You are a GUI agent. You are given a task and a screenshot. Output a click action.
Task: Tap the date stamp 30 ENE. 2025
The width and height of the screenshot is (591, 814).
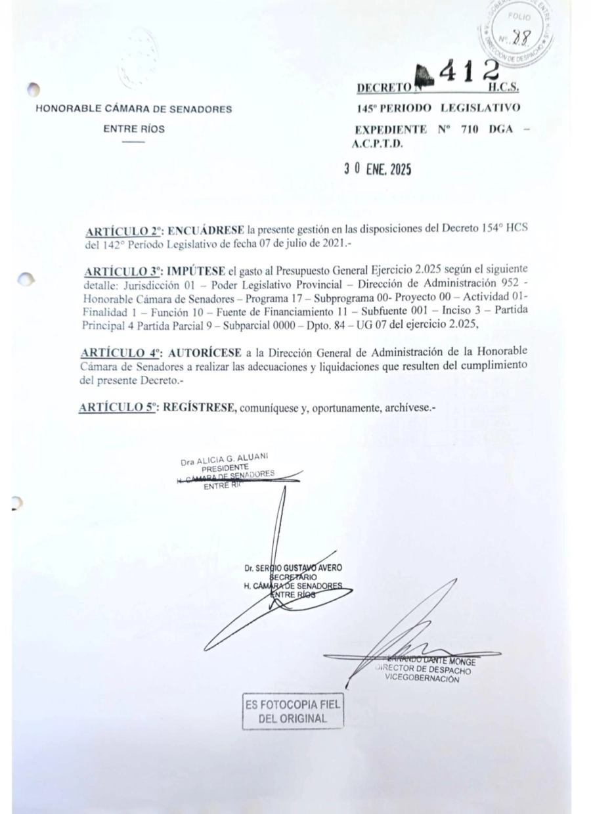[x=378, y=169]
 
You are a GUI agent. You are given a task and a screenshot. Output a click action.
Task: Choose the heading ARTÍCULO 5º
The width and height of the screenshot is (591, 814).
[x=121, y=407]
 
